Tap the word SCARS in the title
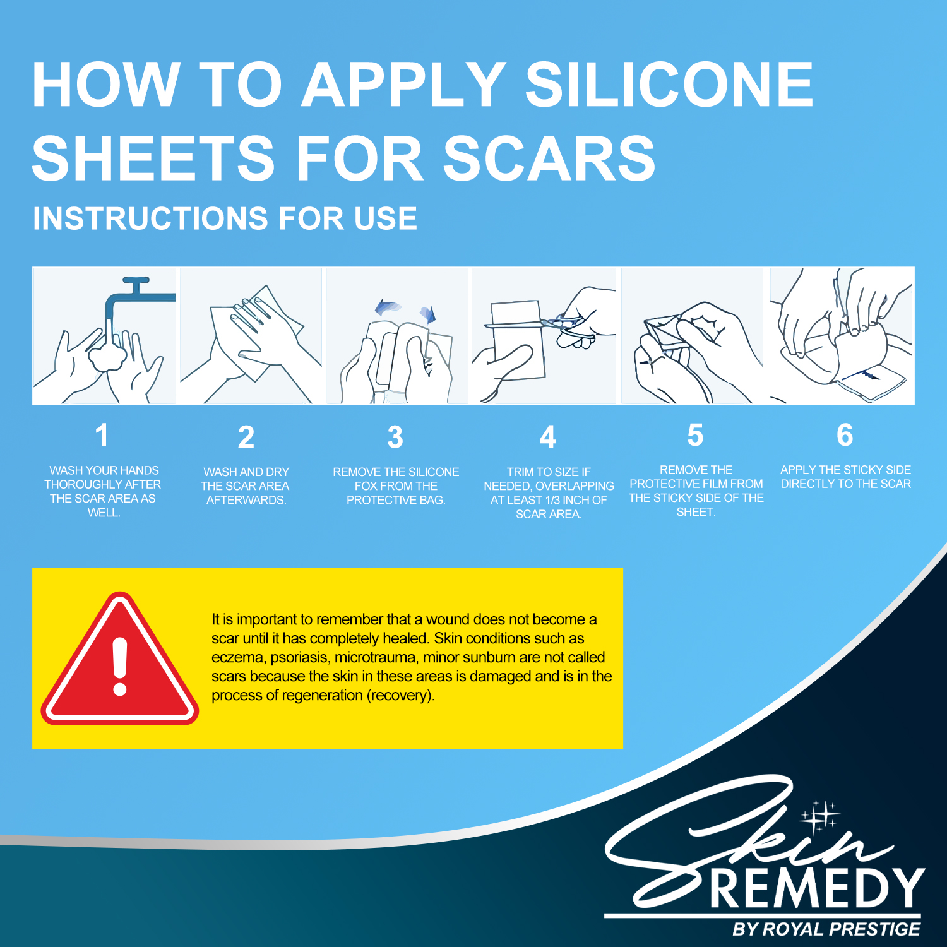pos(549,158)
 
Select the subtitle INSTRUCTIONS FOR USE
pos(225,218)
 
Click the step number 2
pos(246,437)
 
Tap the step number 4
pos(548,437)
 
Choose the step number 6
pos(845,435)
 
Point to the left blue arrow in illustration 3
pos(388,307)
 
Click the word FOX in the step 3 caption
pos(366,486)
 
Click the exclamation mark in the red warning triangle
pos(120,666)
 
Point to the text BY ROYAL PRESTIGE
pos(826,929)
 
